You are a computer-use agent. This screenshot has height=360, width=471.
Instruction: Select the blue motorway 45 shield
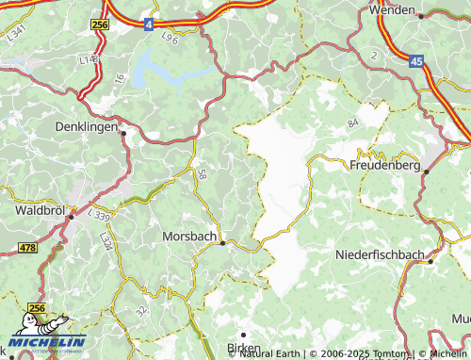coord(416,61)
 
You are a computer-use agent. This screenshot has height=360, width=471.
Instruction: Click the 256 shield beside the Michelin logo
coord(38,308)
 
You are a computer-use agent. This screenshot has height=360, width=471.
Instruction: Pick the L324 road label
coord(106,244)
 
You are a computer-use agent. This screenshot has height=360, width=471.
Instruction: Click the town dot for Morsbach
coord(222,242)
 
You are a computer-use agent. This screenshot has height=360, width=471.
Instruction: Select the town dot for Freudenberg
coord(426,172)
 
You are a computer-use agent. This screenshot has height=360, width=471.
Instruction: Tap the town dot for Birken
coord(242,335)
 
